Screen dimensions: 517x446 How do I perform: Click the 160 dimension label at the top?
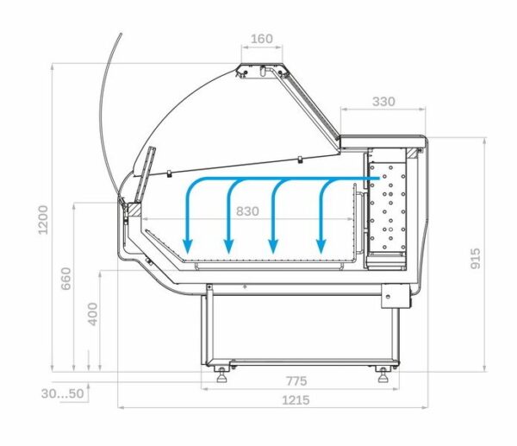(262, 39)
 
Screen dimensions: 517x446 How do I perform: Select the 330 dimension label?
(383, 101)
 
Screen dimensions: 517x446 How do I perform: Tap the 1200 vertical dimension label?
(43, 220)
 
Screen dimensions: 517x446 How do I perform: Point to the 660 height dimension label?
(66, 279)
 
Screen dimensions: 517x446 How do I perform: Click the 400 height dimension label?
(93, 314)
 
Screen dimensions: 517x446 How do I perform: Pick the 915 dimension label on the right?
(475, 259)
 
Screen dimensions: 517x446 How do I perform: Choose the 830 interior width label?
(247, 211)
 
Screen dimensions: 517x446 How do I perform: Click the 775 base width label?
(296, 381)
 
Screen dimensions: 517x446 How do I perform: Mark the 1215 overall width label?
(296, 400)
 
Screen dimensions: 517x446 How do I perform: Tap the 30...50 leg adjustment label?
(62, 393)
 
